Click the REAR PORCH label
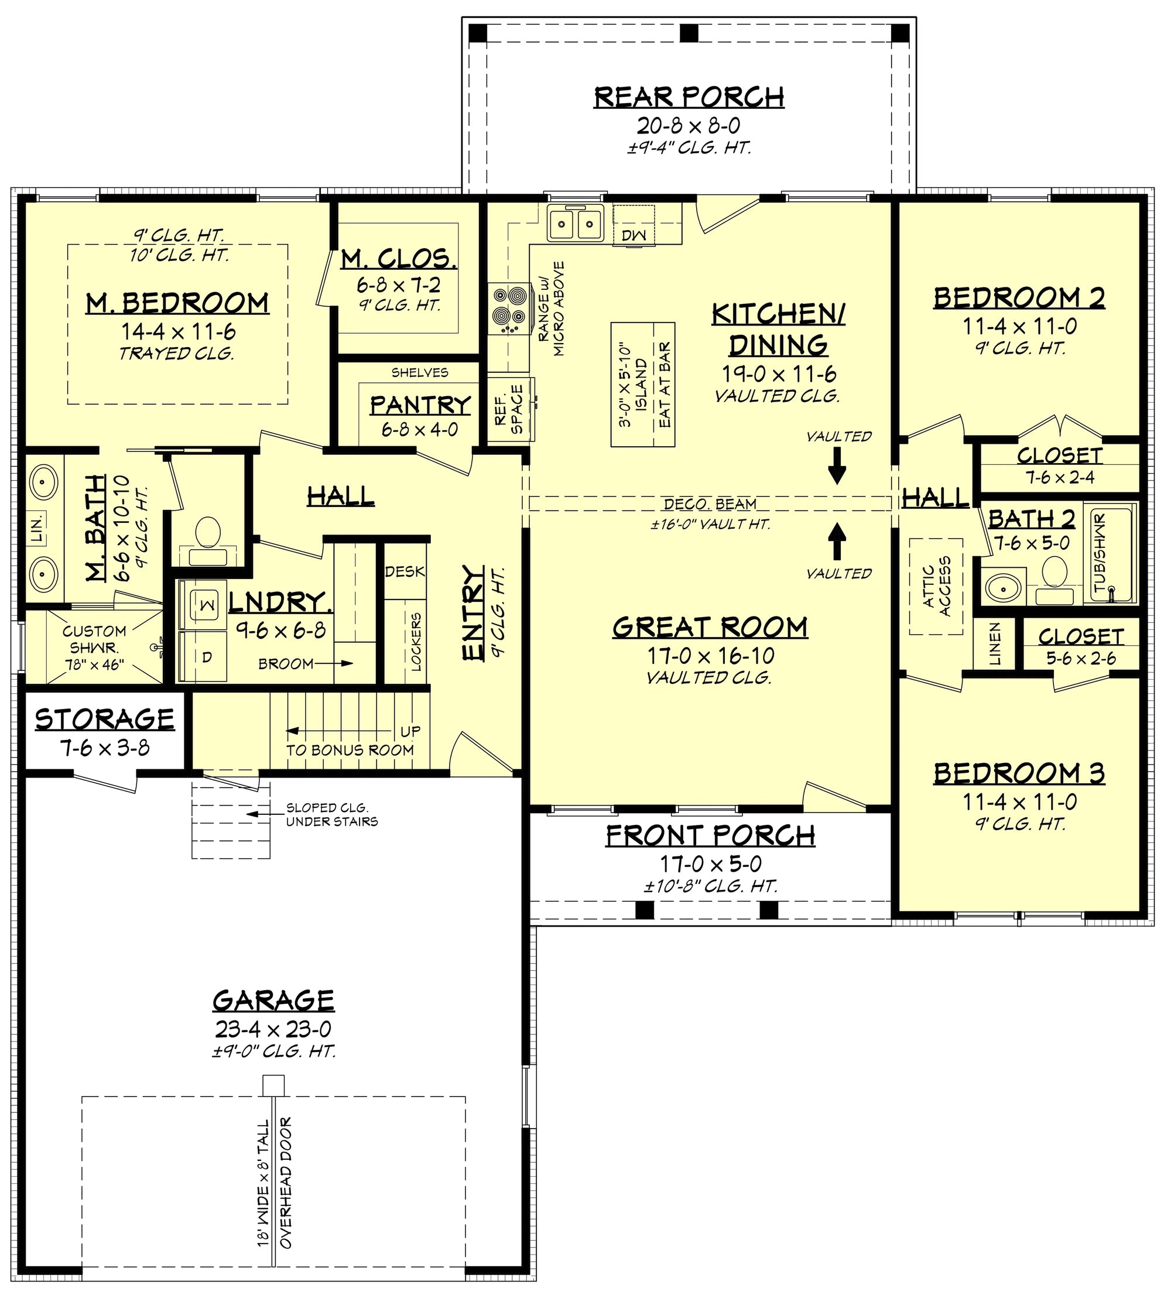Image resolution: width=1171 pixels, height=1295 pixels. pos(689,97)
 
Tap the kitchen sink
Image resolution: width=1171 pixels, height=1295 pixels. pos(575,224)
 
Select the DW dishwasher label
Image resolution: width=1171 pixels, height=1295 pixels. pos(634,235)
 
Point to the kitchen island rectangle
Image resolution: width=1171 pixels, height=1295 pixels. pos(642,384)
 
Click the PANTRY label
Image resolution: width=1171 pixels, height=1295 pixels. pos(420,405)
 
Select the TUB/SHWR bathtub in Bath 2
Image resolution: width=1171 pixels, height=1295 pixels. pos(1110,553)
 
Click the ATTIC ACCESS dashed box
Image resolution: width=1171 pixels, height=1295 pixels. pos(936,586)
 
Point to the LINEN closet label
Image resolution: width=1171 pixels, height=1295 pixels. pos(995,643)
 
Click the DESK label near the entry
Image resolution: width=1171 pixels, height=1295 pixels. pos(405,571)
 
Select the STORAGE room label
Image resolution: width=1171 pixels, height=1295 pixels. pos(105,720)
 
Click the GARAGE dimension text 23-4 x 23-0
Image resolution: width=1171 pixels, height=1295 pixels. pos(273,1029)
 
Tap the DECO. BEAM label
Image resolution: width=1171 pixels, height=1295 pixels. pos(709,504)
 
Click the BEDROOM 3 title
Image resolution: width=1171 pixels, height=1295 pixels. pos(1019,773)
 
